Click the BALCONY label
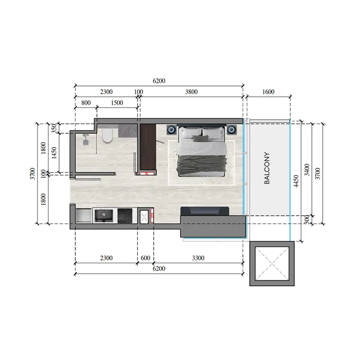266,168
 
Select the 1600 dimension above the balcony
267,92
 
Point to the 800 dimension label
85,103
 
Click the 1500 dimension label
117,103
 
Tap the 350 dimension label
54,128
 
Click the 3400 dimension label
307,170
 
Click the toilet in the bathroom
107,136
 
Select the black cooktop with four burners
125,216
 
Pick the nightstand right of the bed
231,130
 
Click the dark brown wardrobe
148,147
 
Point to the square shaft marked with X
273,263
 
